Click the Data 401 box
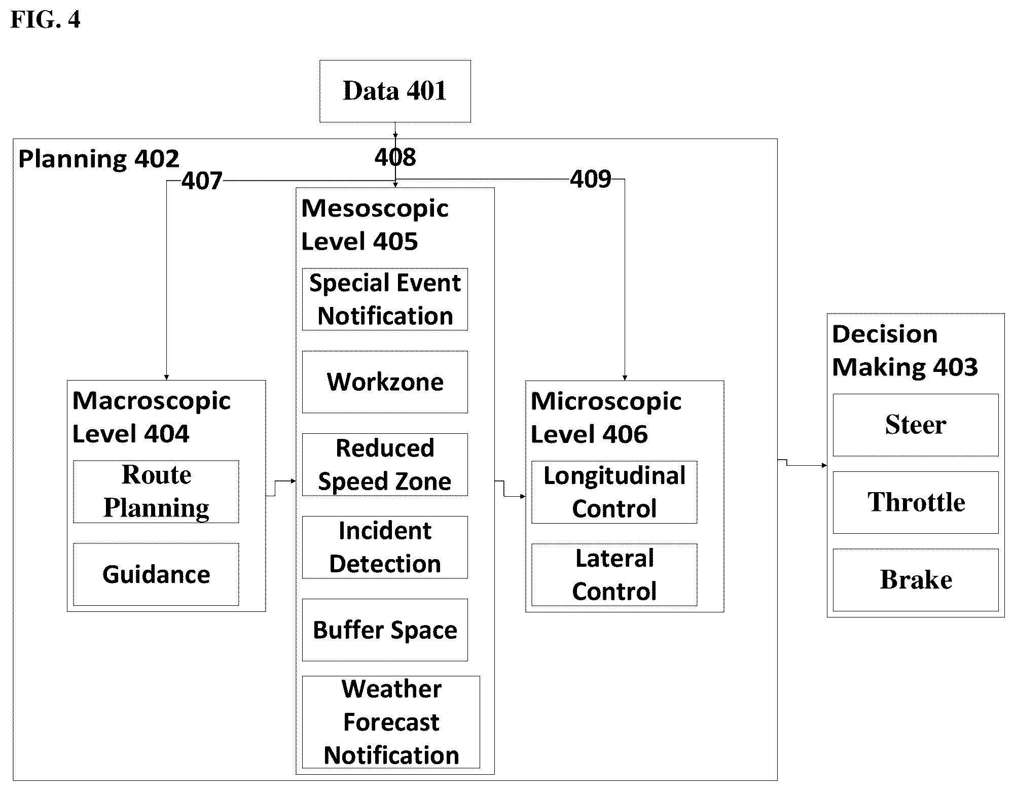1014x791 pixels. pyautogui.click(x=395, y=91)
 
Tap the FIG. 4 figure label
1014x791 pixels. pyautogui.click(x=45, y=20)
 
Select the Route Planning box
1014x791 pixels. pyautogui.click(x=156, y=492)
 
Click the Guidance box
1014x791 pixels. pyautogui.click(x=156, y=574)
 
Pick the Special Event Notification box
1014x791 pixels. pyautogui.click(x=385, y=299)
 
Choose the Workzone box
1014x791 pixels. pyautogui.click(x=385, y=382)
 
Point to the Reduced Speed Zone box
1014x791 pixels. pyautogui.click(x=385, y=465)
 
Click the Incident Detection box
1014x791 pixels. pyautogui.click(x=385, y=547)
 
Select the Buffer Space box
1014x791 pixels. pyautogui.click(x=385, y=630)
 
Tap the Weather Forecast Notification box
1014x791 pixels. pyautogui.click(x=391, y=722)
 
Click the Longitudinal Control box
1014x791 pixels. pyautogui.click(x=614, y=492)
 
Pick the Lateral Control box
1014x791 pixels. pyautogui.click(x=614, y=575)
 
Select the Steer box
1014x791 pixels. pyautogui.click(x=916, y=425)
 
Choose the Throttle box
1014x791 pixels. pyautogui.click(x=916, y=502)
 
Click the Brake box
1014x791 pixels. pyautogui.click(x=916, y=580)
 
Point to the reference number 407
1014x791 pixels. pyautogui.click(x=202, y=181)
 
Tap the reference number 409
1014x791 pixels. pyautogui.click(x=591, y=180)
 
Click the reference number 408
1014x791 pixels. pyautogui.click(x=395, y=157)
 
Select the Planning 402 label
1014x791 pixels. pyautogui.click(x=99, y=159)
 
